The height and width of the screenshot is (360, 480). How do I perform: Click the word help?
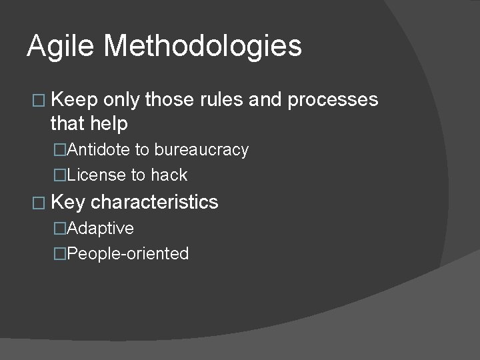(109, 123)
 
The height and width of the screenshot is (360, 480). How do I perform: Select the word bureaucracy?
(201, 150)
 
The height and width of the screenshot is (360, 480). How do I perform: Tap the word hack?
(169, 175)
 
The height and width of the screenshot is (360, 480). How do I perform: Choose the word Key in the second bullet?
(68, 202)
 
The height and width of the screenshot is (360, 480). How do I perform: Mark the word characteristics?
(154, 202)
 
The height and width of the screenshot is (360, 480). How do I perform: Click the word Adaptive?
(99, 228)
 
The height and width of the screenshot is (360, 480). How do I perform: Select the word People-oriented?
(127, 254)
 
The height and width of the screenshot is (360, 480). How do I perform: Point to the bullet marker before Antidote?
(60, 151)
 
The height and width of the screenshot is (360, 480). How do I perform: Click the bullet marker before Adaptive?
(60, 229)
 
